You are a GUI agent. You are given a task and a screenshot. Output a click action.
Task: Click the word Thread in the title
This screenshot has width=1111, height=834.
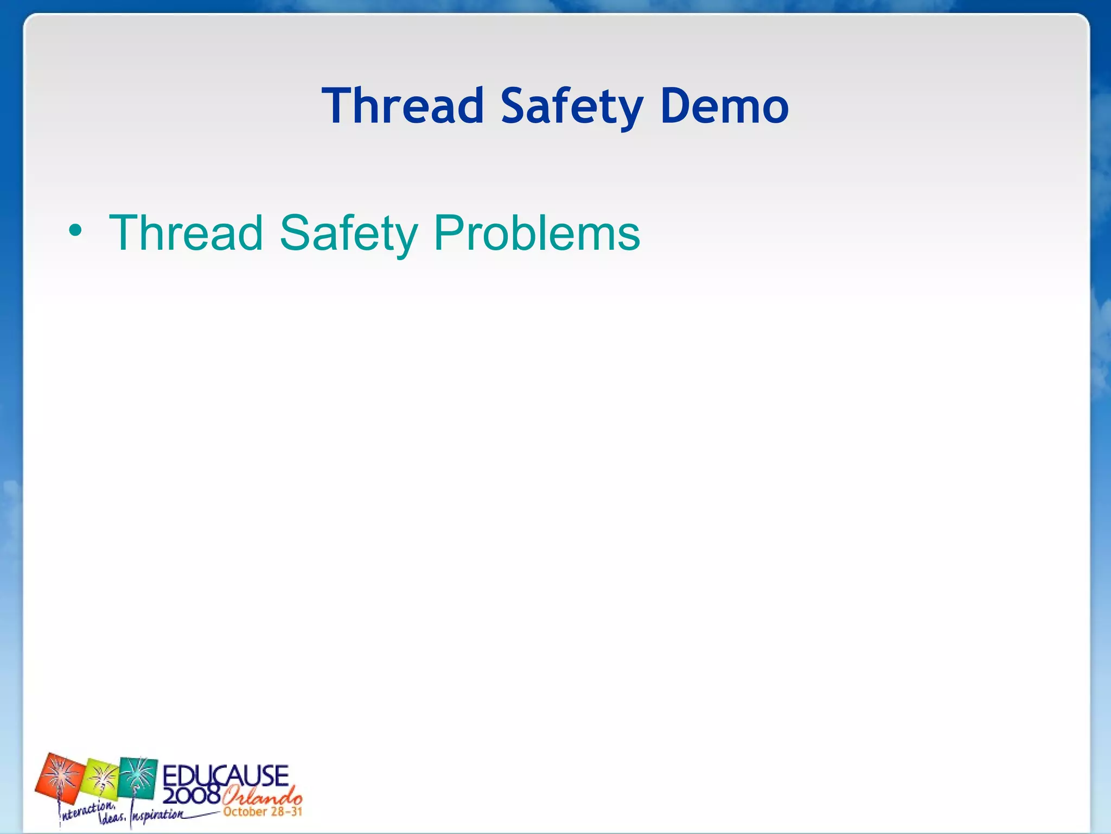click(402, 106)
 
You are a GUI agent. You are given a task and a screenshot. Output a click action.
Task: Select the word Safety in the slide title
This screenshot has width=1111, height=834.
click(572, 107)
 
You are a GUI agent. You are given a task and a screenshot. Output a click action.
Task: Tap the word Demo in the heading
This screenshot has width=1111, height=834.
click(724, 106)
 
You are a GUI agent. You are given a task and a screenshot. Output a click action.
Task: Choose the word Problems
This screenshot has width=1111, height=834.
click(537, 233)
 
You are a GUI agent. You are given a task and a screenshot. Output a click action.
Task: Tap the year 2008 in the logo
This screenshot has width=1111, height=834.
click(191, 795)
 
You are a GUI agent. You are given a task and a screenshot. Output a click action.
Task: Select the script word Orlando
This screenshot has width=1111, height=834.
click(262, 797)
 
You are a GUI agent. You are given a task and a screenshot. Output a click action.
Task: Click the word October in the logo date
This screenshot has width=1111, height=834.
click(245, 812)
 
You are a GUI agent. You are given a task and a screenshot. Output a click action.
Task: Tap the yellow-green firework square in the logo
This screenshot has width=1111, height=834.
click(101, 780)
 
